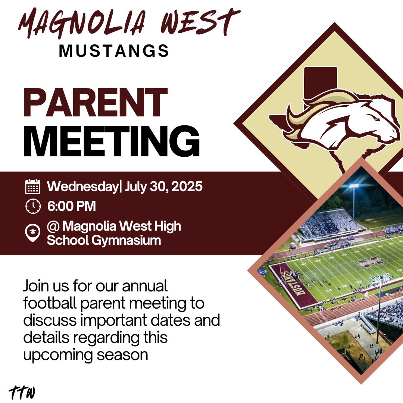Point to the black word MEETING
[112, 142]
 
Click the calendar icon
[33, 186]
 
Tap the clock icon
[33, 206]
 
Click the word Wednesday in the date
[82, 186]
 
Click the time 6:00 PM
[71, 206]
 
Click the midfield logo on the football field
[371, 262]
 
